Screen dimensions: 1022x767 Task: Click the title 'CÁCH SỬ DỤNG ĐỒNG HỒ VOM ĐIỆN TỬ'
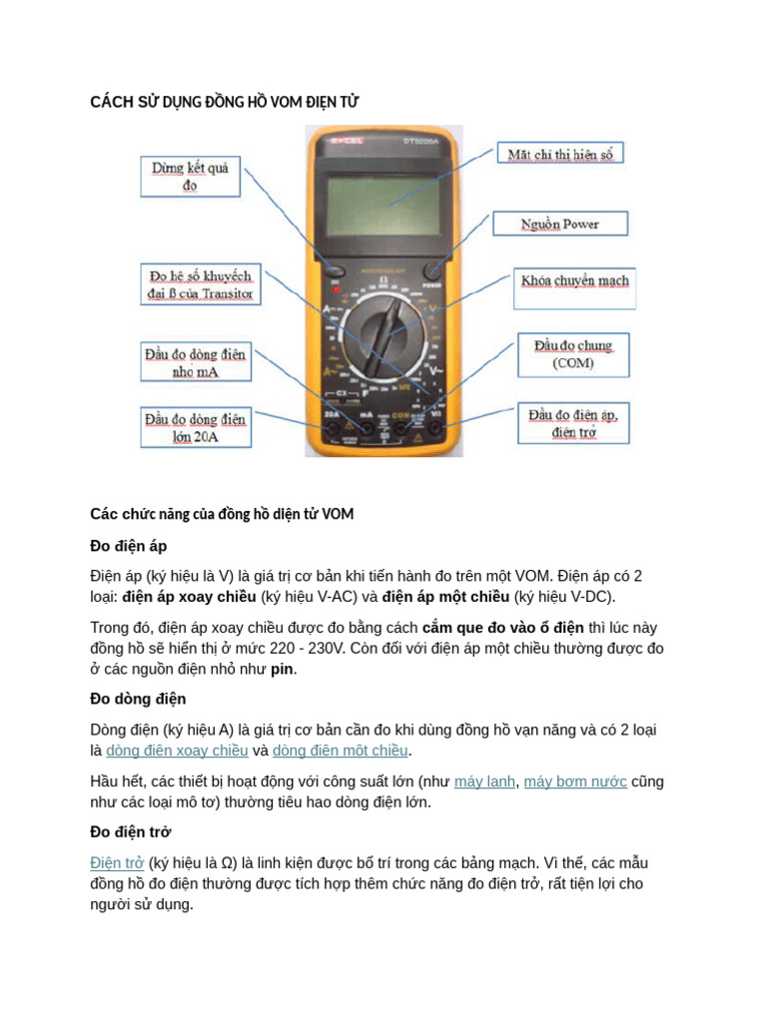225,103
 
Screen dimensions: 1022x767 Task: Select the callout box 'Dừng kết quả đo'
190,177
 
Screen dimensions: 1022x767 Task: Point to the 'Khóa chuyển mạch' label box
575,281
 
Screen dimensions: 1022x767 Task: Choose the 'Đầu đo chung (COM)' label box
573,354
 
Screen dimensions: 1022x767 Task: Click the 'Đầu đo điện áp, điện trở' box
572,423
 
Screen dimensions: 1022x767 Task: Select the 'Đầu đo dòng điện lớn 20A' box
196,428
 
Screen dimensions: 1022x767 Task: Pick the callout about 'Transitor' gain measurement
201,284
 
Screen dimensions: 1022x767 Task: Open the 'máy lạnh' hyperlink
484,781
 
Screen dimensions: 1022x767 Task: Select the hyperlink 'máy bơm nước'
575,781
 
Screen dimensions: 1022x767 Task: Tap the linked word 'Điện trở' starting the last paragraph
117,863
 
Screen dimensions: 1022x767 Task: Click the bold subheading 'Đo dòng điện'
138,699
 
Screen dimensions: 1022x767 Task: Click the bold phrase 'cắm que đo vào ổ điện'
502,628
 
